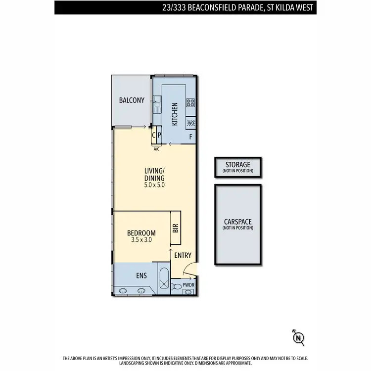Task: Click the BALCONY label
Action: pos(132,100)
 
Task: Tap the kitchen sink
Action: pos(157,103)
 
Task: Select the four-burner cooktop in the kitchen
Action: pos(190,103)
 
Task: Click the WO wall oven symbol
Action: pos(190,123)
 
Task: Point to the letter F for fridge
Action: pos(190,136)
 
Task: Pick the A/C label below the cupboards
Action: pos(156,148)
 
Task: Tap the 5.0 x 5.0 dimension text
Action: pos(154,185)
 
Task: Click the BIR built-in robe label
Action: pos(176,228)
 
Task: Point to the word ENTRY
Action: pos(183,255)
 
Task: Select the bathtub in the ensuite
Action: pos(164,280)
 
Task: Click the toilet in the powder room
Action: pos(177,286)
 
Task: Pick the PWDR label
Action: pos(189,284)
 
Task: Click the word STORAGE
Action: pos(237,165)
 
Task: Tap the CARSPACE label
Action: pos(237,222)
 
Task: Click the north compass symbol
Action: pos(298,337)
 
